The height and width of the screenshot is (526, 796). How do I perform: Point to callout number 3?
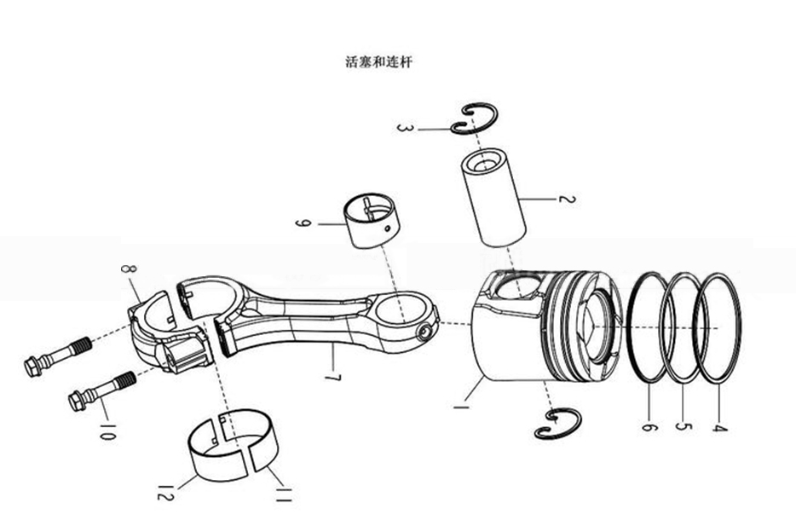point(405,128)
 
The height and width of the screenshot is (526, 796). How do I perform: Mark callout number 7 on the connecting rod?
point(331,374)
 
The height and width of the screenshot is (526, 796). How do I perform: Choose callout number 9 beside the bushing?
point(300,224)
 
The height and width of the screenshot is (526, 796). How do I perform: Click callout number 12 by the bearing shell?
point(165,492)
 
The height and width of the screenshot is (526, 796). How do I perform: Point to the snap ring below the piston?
point(557,423)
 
